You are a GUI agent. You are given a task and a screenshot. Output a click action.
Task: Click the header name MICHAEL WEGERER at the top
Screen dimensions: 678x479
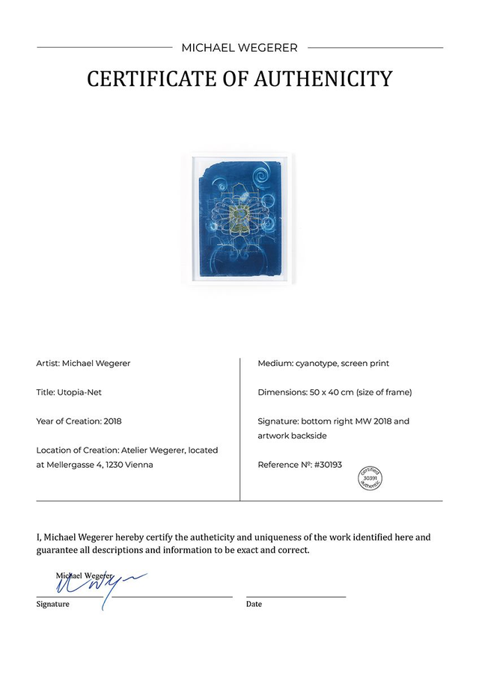click(x=239, y=48)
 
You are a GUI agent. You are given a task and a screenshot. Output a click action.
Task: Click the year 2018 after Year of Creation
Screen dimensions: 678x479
click(x=112, y=421)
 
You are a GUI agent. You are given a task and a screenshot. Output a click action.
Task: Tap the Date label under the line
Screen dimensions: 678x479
click(x=254, y=604)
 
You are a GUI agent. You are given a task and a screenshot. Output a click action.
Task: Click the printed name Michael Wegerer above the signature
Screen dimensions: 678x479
click(x=82, y=575)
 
